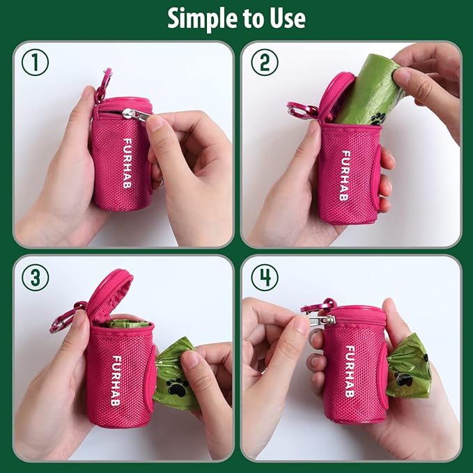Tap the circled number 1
[x=34, y=63]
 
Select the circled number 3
[x=34, y=277]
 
